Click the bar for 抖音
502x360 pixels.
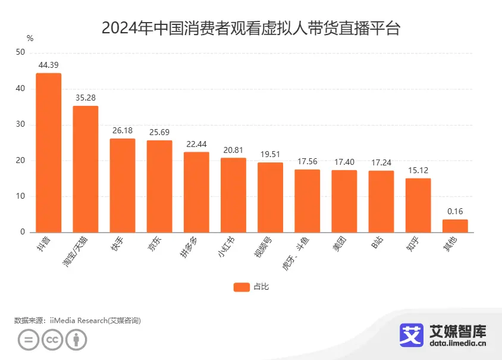(48, 153)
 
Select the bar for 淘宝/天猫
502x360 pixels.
(86, 169)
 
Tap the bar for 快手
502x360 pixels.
(123, 185)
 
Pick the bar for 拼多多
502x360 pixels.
(196, 192)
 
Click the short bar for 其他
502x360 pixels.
(455, 226)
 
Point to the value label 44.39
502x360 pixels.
(48, 65)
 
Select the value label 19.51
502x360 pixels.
(270, 154)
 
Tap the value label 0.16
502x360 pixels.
(455, 211)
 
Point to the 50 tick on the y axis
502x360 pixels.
(21, 53)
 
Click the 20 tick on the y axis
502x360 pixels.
(21, 161)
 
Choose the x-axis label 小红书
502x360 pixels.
(228, 246)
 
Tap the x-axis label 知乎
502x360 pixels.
(414, 244)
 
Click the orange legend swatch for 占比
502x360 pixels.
(241, 287)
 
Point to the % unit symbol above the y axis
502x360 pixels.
(30, 38)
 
